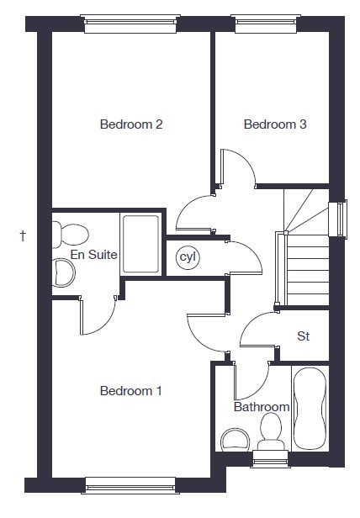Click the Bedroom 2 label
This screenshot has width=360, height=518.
click(x=131, y=124)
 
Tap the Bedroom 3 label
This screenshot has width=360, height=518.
click(x=275, y=124)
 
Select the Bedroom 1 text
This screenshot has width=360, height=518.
click(x=131, y=391)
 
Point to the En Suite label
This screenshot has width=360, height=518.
click(x=94, y=255)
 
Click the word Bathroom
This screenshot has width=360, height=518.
click(x=262, y=407)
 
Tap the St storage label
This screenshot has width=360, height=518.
click(x=303, y=336)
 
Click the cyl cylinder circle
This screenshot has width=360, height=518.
click(x=188, y=256)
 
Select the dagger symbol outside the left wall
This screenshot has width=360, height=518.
click(x=23, y=235)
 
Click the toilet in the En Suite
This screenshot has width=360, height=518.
click(x=70, y=235)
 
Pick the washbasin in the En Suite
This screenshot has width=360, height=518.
click(x=64, y=272)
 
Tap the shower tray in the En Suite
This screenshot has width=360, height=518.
click(x=140, y=244)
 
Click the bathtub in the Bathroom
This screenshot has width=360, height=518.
click(x=310, y=408)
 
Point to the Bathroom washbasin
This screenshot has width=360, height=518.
click(x=235, y=440)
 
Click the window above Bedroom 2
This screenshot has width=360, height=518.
click(x=130, y=24)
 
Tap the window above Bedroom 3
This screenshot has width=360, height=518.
click(x=266, y=24)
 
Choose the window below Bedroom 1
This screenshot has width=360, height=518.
click(x=130, y=486)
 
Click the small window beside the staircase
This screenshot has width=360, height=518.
click(x=338, y=219)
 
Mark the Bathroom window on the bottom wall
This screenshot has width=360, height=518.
click(x=270, y=459)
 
